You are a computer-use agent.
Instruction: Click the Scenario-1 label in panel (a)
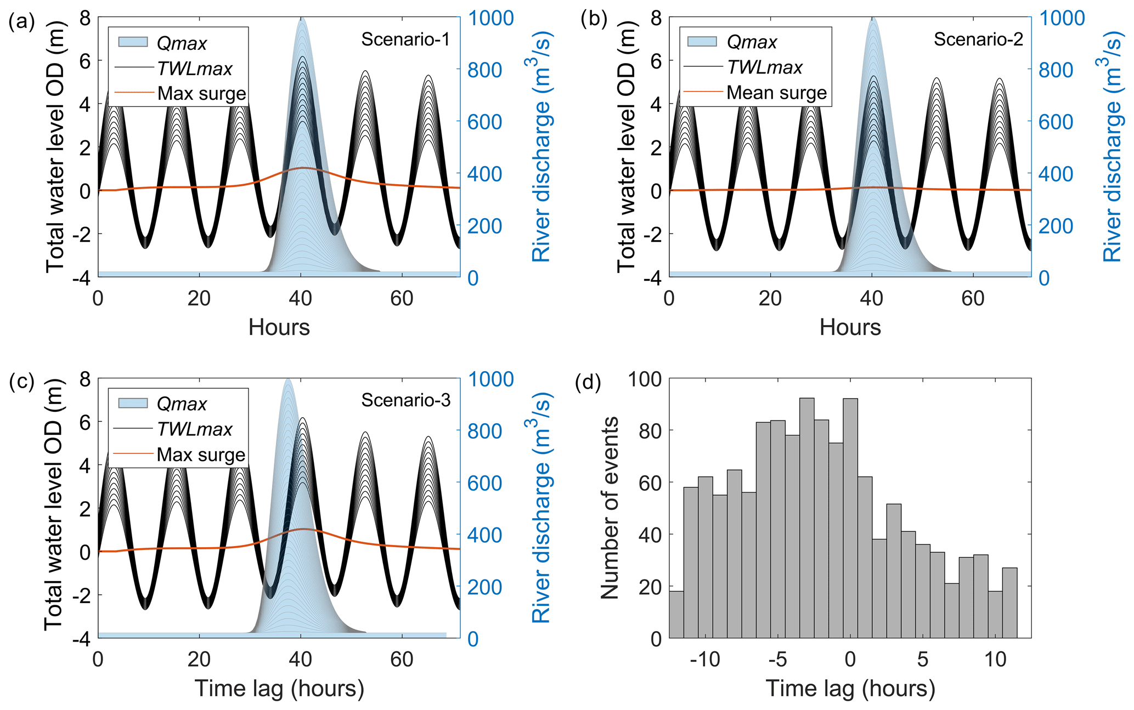click(x=405, y=39)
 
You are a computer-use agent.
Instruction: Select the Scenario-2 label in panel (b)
click(x=978, y=39)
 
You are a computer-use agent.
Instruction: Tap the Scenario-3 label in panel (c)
click(x=405, y=401)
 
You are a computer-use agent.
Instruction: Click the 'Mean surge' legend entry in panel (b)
click(x=776, y=93)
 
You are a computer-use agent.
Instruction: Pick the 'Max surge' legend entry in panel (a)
click(x=201, y=94)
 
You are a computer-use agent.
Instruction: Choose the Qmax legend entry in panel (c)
click(x=181, y=404)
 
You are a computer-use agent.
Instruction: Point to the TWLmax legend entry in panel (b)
click(x=764, y=67)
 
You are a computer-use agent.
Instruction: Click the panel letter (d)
click(x=588, y=382)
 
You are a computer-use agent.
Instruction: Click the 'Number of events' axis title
click(x=610, y=508)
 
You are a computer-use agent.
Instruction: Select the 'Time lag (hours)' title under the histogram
click(x=850, y=689)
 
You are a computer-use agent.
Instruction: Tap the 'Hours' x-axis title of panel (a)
click(x=279, y=327)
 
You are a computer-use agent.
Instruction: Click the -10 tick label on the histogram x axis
click(x=704, y=659)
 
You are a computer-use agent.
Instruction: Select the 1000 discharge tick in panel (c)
click(x=490, y=379)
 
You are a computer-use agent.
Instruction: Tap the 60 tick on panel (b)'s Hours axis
click(x=973, y=298)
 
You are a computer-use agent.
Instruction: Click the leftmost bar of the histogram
click(x=676, y=615)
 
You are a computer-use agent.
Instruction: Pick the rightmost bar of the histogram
click(x=1009, y=603)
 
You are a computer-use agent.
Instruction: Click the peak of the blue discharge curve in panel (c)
click(x=287, y=379)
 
